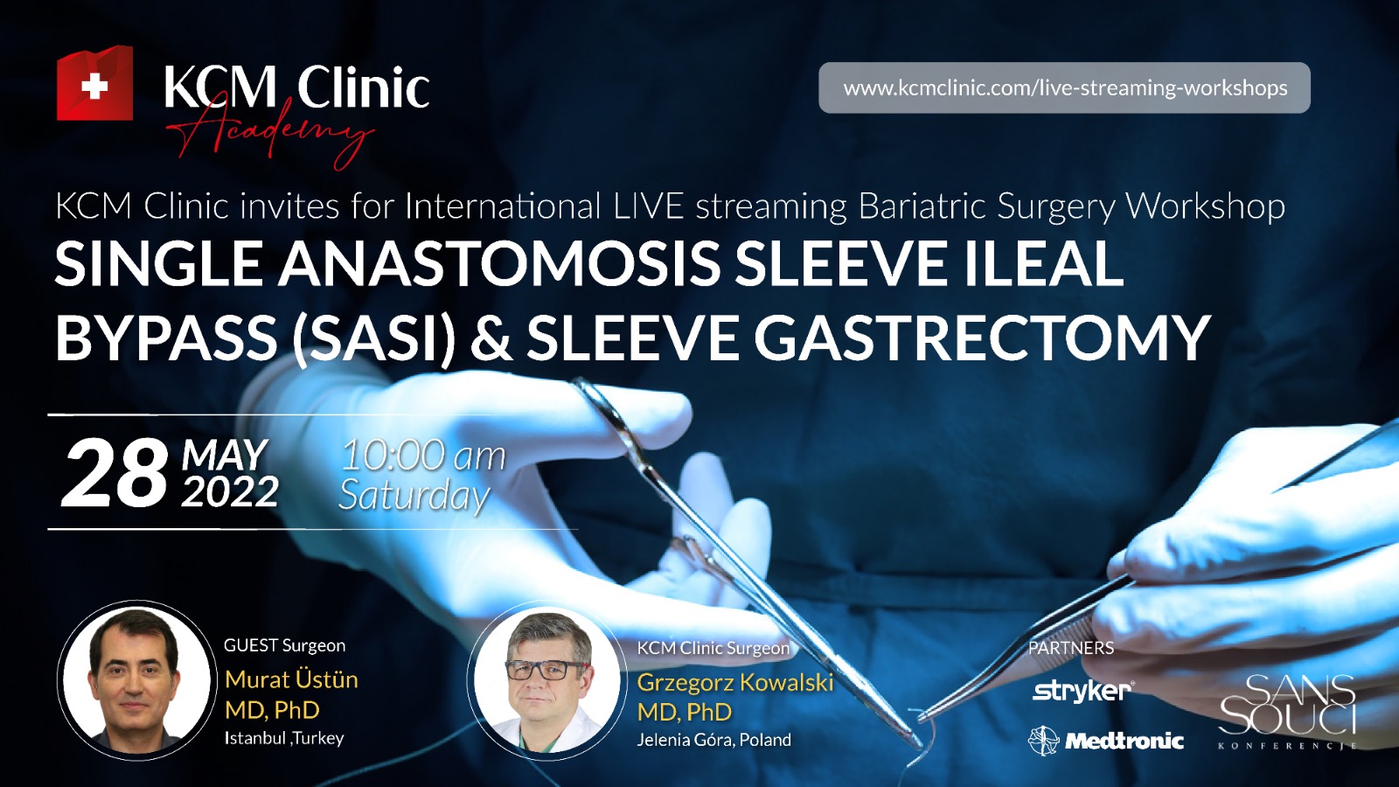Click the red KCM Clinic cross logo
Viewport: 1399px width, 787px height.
pyautogui.click(x=94, y=82)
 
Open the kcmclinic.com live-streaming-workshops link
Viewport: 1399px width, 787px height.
pyautogui.click(x=1064, y=87)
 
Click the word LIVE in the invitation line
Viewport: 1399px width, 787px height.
pyautogui.click(x=649, y=206)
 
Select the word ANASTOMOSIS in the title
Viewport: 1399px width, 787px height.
pyautogui.click(x=499, y=263)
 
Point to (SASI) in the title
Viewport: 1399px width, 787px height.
pyautogui.click(x=374, y=338)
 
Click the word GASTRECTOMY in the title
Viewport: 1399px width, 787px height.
pyautogui.click(x=981, y=338)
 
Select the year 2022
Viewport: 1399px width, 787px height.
pyautogui.click(x=230, y=492)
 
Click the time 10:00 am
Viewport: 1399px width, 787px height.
pyautogui.click(x=423, y=456)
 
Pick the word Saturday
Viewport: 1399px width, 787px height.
pyautogui.click(x=414, y=496)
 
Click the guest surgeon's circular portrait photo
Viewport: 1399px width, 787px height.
pyautogui.click(x=136, y=679)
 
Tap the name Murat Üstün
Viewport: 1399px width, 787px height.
pyautogui.click(x=292, y=679)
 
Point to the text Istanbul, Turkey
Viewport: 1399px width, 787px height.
pyautogui.click(x=284, y=738)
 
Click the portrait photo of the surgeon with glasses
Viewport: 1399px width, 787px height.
pyautogui.click(x=546, y=679)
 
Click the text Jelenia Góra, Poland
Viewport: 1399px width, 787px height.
pyautogui.click(x=713, y=740)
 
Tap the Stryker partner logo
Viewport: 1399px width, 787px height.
pyautogui.click(x=1084, y=691)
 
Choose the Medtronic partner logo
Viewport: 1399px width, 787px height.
pyautogui.click(x=1105, y=742)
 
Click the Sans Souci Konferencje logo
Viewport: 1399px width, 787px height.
pyautogui.click(x=1287, y=711)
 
